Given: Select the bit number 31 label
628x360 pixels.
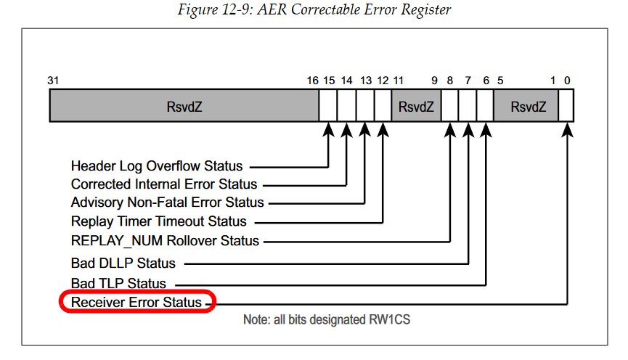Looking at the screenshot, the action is pos(53,81).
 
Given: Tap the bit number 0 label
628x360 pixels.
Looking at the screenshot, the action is pos(567,81).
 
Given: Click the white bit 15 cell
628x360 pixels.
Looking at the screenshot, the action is pos(328,105).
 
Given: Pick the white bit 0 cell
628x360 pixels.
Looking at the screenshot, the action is pos(566,105).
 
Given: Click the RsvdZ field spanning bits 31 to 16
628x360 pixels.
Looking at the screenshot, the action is pos(184,105).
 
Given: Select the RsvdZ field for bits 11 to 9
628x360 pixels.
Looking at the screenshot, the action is pos(416,105).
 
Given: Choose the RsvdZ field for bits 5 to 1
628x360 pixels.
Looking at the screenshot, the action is pos(526,105).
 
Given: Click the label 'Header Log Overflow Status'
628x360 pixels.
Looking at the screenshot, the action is pos(157,165).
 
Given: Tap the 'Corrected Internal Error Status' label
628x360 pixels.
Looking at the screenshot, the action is pos(164,184).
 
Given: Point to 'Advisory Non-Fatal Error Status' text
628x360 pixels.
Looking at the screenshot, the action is pos(168,202).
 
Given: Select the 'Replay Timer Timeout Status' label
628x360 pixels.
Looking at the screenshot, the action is pos(158,221).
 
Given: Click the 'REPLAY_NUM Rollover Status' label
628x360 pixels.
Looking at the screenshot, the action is pos(165,241).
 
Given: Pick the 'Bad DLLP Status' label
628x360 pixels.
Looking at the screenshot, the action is pos(123,263).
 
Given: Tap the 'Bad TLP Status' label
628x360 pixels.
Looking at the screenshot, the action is pos(118,284).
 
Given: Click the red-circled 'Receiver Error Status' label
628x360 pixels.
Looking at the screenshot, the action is pos(136,302).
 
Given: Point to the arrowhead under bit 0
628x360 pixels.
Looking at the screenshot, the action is pos(567,130).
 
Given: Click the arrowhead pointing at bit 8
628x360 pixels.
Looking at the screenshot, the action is pos(450,130).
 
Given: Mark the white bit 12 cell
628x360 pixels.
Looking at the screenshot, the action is pos(383,105).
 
